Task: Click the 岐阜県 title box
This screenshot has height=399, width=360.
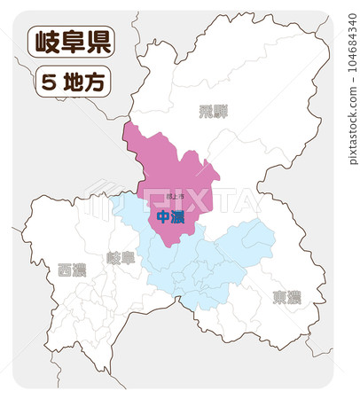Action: [70, 42]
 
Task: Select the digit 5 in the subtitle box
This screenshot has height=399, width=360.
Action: [49, 82]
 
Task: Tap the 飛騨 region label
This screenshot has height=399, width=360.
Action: [213, 111]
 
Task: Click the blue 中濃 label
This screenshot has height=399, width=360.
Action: [170, 216]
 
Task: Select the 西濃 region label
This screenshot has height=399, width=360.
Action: [72, 270]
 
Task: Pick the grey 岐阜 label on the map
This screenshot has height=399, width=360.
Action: [121, 258]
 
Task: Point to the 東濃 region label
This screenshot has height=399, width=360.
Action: [286, 297]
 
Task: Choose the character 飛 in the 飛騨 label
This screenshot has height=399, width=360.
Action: [206, 111]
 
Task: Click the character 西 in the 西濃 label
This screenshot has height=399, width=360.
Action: [65, 270]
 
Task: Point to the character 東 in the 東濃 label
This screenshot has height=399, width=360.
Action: [279, 297]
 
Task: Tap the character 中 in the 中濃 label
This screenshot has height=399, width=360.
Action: [163, 216]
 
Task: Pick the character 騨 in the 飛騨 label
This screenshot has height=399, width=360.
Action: [220, 111]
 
